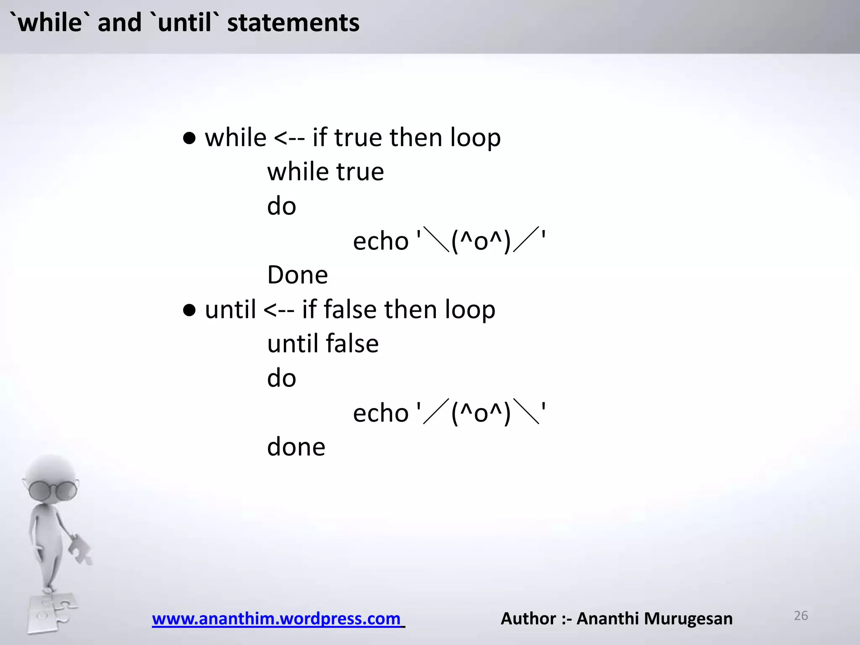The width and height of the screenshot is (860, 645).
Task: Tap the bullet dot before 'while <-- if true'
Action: tap(189, 139)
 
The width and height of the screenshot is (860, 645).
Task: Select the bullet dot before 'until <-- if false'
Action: tap(189, 310)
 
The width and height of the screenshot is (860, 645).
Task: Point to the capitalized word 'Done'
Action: tap(297, 275)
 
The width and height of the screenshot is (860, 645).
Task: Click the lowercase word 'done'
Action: tap(296, 447)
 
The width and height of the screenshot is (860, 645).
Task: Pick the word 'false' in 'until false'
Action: tap(352, 343)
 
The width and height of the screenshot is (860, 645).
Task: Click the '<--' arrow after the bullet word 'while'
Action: tap(289, 138)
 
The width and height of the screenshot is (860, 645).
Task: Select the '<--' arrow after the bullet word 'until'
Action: tap(279, 310)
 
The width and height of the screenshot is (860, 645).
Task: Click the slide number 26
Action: tap(801, 616)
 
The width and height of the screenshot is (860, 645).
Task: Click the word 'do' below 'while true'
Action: tap(281, 207)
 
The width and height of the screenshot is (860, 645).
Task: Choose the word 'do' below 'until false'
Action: tap(281, 378)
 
